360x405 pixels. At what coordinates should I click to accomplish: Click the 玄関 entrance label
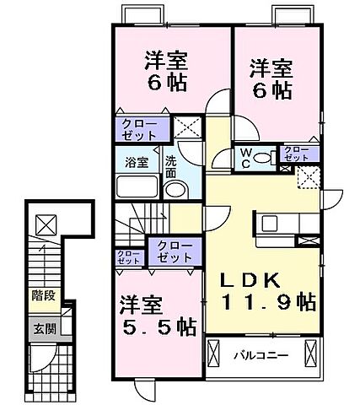pos(43,329)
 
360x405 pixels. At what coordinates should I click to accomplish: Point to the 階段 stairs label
pos(42,297)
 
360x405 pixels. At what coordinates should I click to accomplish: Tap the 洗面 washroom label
pos(170,166)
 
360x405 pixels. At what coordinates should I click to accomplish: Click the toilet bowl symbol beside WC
pos(262,158)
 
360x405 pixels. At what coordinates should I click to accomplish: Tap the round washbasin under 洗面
pos(175,191)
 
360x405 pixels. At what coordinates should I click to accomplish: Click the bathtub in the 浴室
pos(138,186)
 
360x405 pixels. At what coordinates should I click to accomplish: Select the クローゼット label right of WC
pos(296,154)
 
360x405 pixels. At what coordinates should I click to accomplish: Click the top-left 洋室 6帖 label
pos(165,73)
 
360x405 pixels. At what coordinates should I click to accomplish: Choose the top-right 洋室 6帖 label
pos(271,77)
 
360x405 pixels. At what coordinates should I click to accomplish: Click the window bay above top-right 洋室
pos(293,14)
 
